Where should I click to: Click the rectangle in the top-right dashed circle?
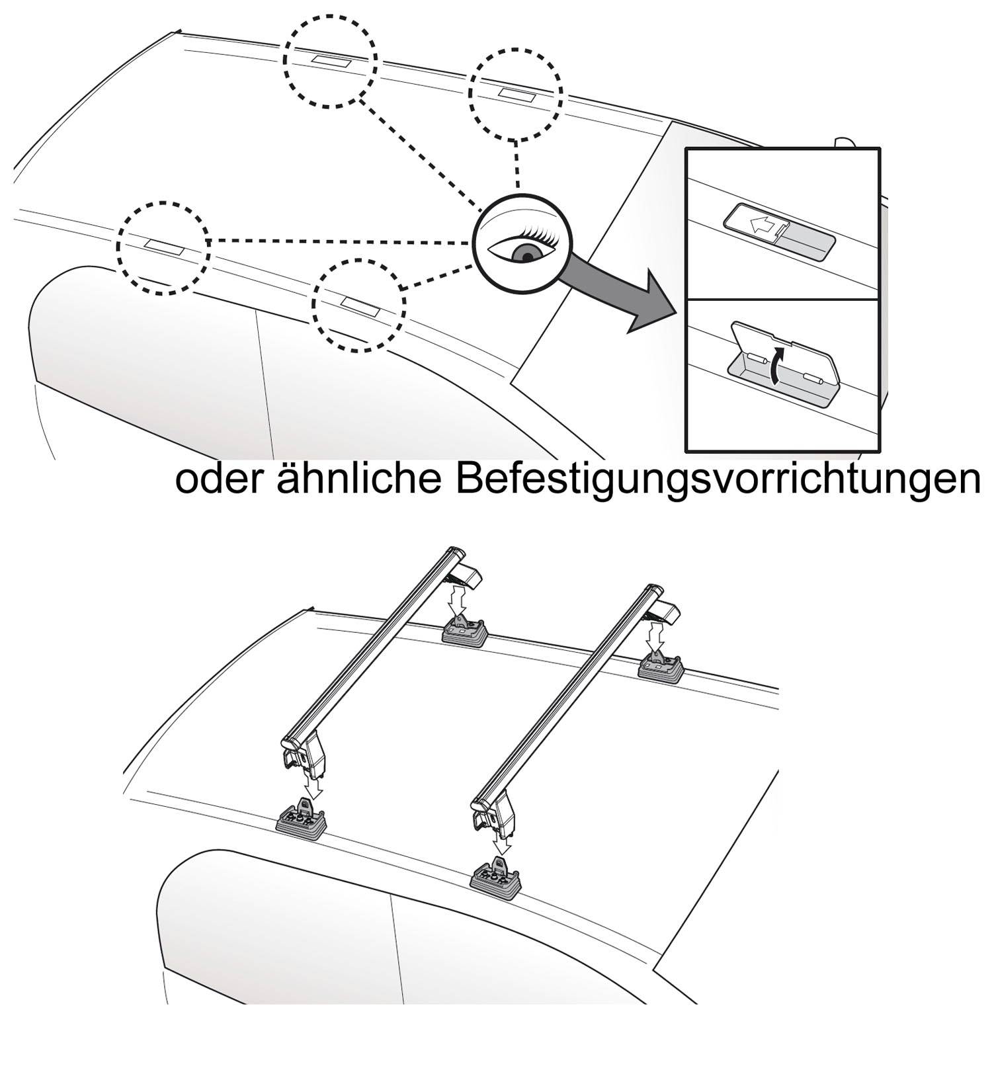pyautogui.click(x=517, y=94)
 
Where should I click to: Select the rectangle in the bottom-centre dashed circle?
pyautogui.click(x=358, y=304)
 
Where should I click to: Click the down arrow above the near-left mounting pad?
pyautogui.click(x=315, y=786)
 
